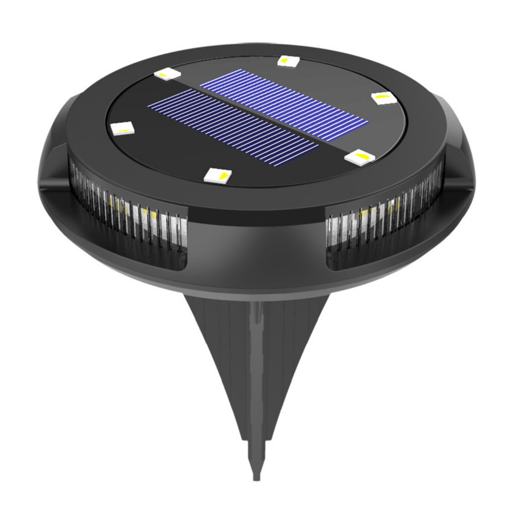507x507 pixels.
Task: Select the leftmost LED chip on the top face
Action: tap(121, 128)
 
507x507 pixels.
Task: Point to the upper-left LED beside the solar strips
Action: tap(167, 75)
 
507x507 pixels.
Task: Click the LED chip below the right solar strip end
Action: tap(357, 157)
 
